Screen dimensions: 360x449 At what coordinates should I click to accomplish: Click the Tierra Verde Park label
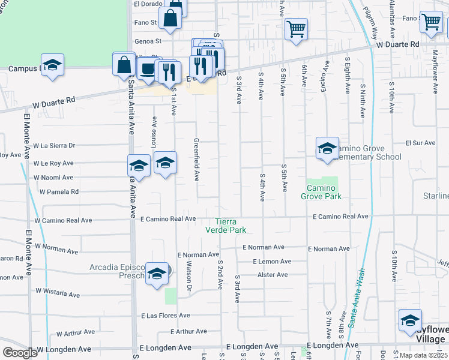tap(226, 225)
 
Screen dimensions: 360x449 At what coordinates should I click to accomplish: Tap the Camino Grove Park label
tap(321, 192)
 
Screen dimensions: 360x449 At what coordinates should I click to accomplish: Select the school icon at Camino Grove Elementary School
tap(327, 149)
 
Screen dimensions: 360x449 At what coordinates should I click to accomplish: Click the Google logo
tap(20, 353)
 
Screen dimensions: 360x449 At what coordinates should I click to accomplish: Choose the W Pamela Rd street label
tap(59, 192)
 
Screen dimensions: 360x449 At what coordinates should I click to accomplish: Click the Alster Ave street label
tap(273, 275)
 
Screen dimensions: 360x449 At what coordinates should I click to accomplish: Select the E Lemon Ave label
tap(272, 262)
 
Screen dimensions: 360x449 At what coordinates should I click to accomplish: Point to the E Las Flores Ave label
tap(165, 316)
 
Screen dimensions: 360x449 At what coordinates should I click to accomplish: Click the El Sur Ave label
tap(420, 143)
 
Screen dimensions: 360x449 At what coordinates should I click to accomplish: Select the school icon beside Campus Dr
tap(52, 65)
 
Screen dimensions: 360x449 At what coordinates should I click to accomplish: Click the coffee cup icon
tap(148, 68)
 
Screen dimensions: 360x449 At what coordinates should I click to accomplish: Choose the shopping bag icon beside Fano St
tap(170, 19)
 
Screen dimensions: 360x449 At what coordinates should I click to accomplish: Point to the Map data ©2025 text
tap(423, 355)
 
